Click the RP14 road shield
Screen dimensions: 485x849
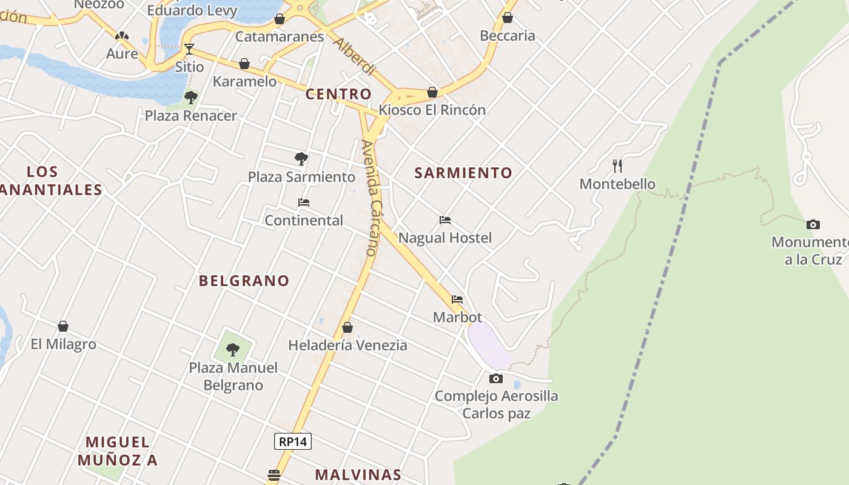[x=293, y=441]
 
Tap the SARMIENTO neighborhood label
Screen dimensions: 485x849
[x=463, y=173]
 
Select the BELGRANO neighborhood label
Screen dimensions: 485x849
[x=244, y=281]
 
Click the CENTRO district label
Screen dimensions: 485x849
[x=338, y=94]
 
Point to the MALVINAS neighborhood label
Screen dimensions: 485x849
[x=358, y=475]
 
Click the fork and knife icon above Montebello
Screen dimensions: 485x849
[x=617, y=166]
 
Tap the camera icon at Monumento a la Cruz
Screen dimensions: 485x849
[x=813, y=224]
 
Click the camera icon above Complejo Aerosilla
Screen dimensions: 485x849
[x=496, y=379]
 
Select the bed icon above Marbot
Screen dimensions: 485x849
[x=457, y=299]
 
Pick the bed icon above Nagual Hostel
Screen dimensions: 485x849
[x=445, y=220]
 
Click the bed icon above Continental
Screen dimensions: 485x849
[x=304, y=202]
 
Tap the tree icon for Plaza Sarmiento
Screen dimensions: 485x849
[x=301, y=159]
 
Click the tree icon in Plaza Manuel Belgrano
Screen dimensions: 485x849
[x=233, y=349]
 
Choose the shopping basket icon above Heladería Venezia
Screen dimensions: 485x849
[x=347, y=327]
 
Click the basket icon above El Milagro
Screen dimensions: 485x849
[x=63, y=326]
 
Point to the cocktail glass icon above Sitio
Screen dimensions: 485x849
[x=189, y=48]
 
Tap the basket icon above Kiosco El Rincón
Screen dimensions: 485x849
[x=432, y=92]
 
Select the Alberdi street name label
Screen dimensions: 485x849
[x=354, y=58]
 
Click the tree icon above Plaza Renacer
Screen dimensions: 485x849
[x=191, y=97]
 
